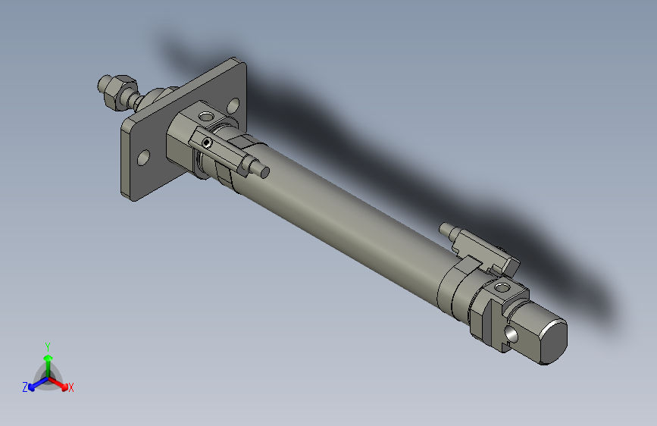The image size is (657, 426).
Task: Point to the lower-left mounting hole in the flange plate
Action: tap(142, 158)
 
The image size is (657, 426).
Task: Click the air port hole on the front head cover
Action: tap(205, 115)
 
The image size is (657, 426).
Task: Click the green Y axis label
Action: tap(48, 345)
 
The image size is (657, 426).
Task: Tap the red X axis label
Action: tap(71, 387)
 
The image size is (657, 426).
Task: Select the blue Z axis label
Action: tap(25, 387)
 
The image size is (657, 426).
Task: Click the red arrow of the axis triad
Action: tap(61, 383)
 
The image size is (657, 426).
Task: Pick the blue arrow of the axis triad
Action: tap(34, 384)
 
